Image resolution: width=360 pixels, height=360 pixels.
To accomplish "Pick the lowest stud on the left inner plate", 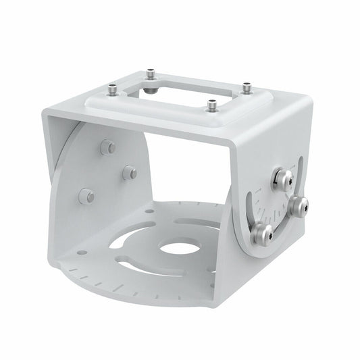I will tap(86, 196).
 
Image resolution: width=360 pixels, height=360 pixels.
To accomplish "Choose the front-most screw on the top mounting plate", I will tap(212, 105).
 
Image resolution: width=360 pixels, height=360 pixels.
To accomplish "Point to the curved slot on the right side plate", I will tap(253, 206).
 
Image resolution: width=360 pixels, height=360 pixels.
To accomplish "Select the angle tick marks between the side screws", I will tap(278, 203).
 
